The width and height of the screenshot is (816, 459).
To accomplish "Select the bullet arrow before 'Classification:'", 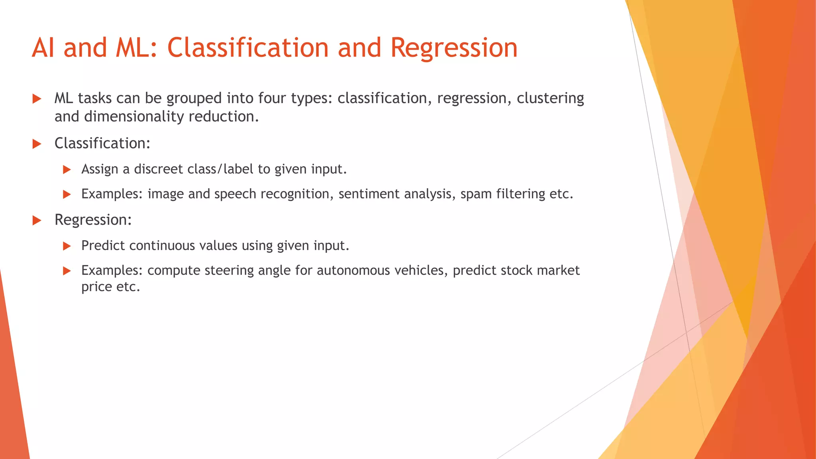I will tap(37, 144).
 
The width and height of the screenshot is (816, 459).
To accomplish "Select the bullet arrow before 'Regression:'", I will tap(37, 220).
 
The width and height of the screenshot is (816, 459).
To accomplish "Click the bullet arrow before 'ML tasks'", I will tap(37, 99).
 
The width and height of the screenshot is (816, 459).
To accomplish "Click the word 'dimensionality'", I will tap(134, 117).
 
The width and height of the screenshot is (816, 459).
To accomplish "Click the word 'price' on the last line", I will tap(96, 287).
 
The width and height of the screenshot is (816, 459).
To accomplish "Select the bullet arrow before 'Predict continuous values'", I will tap(67, 246).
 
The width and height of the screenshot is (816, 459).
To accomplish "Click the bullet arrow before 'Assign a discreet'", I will tap(67, 170).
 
